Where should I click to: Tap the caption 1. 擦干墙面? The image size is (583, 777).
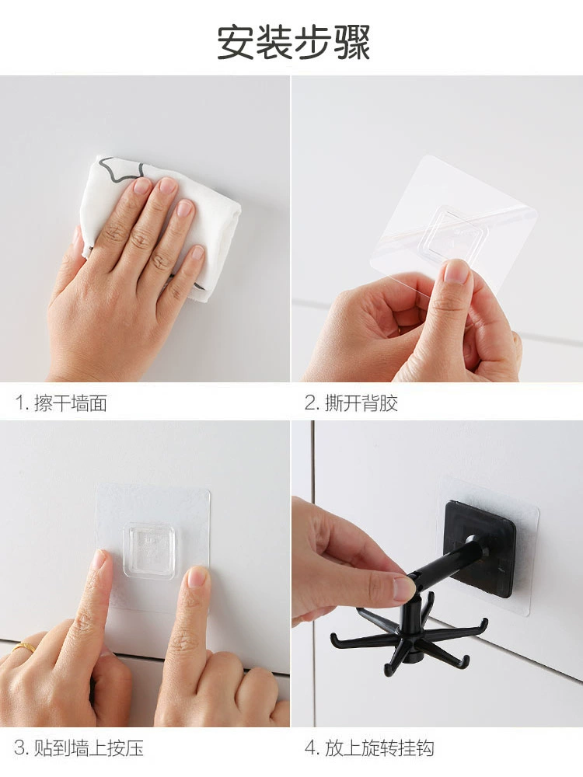[x=61, y=402]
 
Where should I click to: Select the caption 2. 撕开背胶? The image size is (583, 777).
[x=351, y=402]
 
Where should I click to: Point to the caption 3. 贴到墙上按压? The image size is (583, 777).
[x=79, y=747]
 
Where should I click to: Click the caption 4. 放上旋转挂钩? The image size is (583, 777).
[x=369, y=747]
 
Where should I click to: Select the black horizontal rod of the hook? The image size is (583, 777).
[x=447, y=562]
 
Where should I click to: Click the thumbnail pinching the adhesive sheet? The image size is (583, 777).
[x=456, y=271]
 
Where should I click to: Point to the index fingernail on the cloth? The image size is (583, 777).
[x=142, y=186]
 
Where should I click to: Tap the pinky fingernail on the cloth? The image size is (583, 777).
[x=197, y=253]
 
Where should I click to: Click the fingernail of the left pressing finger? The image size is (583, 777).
[x=99, y=559]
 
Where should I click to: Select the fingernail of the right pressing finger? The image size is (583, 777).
[x=197, y=577]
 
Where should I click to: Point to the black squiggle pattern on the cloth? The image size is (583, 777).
[x=119, y=170]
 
